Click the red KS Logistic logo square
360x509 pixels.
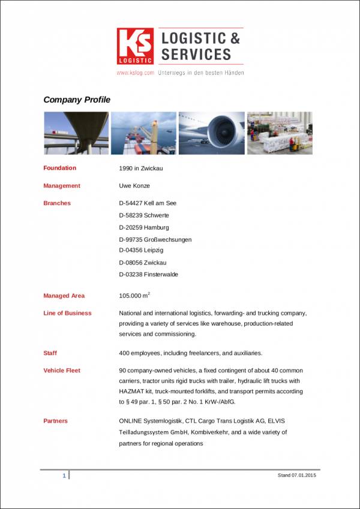(135, 46)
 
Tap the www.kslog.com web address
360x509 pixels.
(135, 73)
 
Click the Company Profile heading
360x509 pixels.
(77, 100)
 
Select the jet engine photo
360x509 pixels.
(212, 133)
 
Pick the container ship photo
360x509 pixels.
(144, 133)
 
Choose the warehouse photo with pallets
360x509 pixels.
(279, 133)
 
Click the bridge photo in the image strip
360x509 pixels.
(76, 133)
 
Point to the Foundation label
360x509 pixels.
(60, 168)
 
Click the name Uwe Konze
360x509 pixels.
(134, 186)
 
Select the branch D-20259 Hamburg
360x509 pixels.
(144, 227)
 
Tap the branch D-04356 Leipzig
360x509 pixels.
(141, 250)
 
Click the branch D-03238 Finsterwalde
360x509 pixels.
(149, 275)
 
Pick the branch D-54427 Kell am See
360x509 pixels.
(148, 203)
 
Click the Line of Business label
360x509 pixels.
(67, 313)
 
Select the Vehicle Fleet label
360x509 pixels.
(62, 371)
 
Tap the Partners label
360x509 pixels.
(55, 421)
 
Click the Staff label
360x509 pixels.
(50, 353)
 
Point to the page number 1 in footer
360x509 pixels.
(64, 475)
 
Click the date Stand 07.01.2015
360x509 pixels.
(296, 475)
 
